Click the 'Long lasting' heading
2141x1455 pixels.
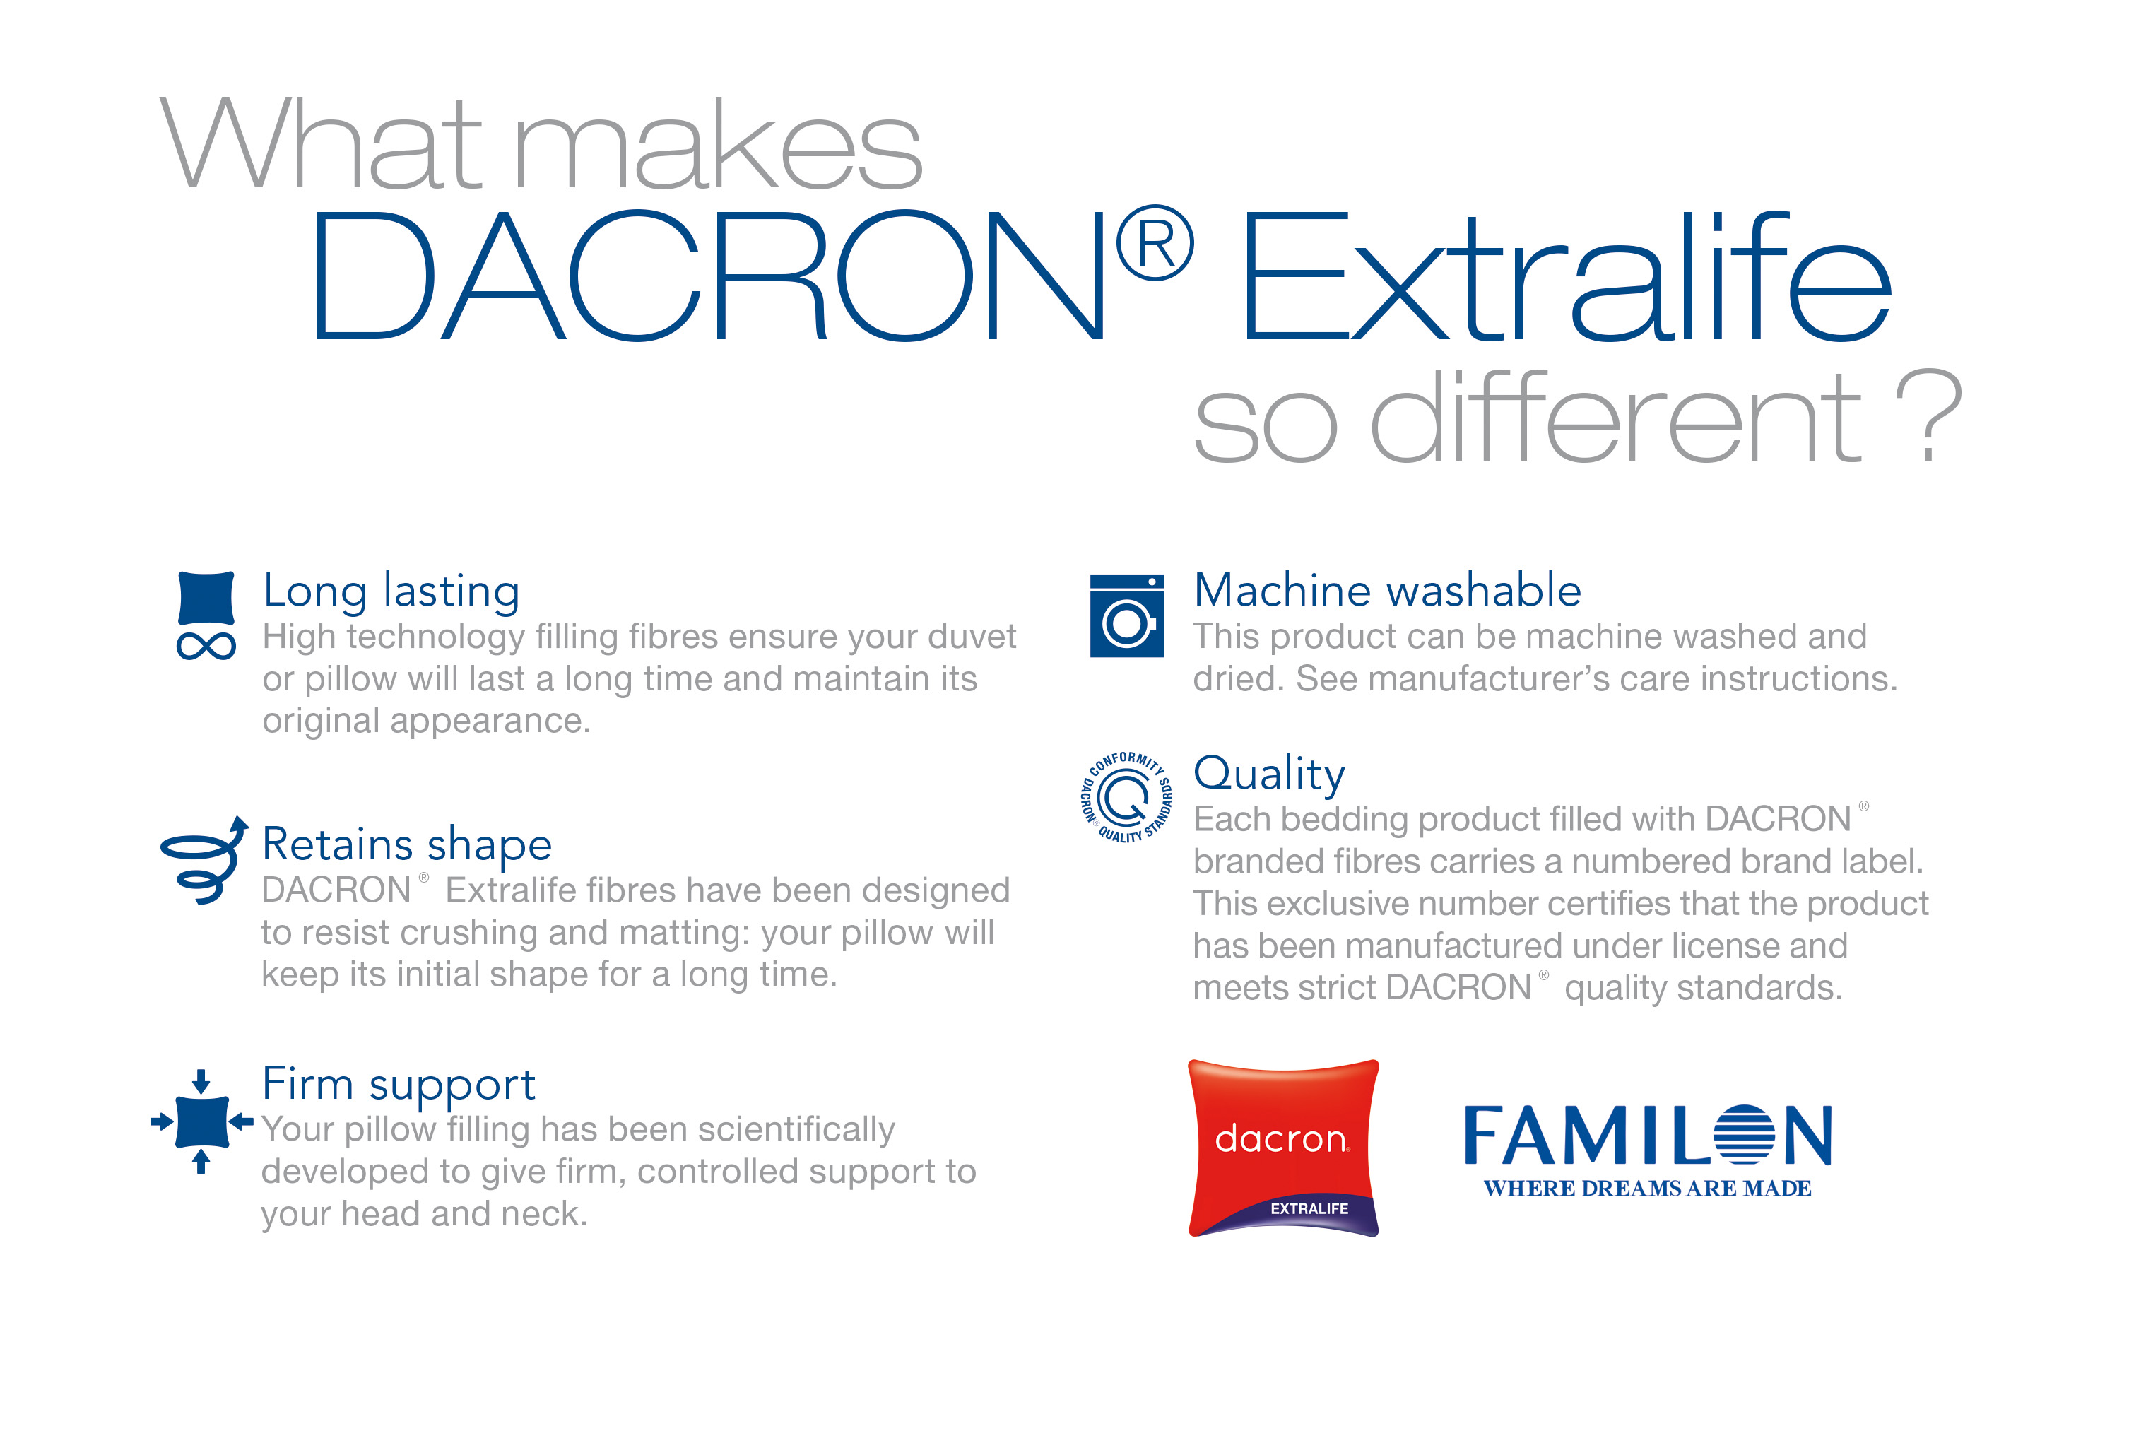pyautogui.click(x=391, y=591)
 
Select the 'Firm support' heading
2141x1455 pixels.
pyautogui.click(x=399, y=1085)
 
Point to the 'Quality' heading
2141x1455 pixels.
pyautogui.click(x=1270, y=774)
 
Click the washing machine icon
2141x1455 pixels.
pyautogui.click(x=1127, y=615)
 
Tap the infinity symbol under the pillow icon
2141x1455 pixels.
pyautogui.click(x=206, y=646)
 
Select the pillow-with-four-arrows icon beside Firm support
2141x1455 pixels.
pyautogui.click(x=202, y=1121)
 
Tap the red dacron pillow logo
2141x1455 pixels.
pyautogui.click(x=1283, y=1148)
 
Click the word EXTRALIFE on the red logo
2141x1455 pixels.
pyautogui.click(x=1309, y=1209)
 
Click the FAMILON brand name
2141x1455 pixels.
pyautogui.click(x=1647, y=1136)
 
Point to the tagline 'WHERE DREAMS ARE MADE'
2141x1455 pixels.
pyautogui.click(x=1647, y=1189)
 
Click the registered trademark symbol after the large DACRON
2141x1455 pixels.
pyautogui.click(x=1155, y=243)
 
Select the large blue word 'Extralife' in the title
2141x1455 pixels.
pyautogui.click(x=1566, y=276)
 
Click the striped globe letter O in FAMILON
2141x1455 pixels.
pyautogui.click(x=1744, y=1136)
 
